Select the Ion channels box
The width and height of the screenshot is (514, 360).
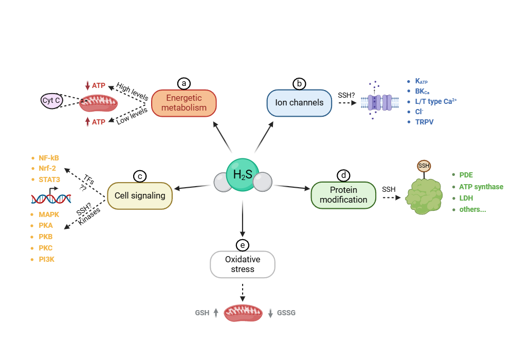point(299,102)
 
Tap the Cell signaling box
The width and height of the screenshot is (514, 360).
point(140,195)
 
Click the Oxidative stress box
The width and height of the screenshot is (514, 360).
point(243,264)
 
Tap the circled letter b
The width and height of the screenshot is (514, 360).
point(299,83)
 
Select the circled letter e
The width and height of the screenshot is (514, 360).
point(242,245)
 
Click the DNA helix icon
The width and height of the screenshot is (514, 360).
point(51,197)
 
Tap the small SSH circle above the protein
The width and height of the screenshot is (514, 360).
point(424,166)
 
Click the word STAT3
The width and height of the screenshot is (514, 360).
point(50,180)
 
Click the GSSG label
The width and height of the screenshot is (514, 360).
point(286,313)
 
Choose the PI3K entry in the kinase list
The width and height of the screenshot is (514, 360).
point(46,259)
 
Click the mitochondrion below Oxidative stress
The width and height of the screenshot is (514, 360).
point(243,313)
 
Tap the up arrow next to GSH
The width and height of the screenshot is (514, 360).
point(216,312)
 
